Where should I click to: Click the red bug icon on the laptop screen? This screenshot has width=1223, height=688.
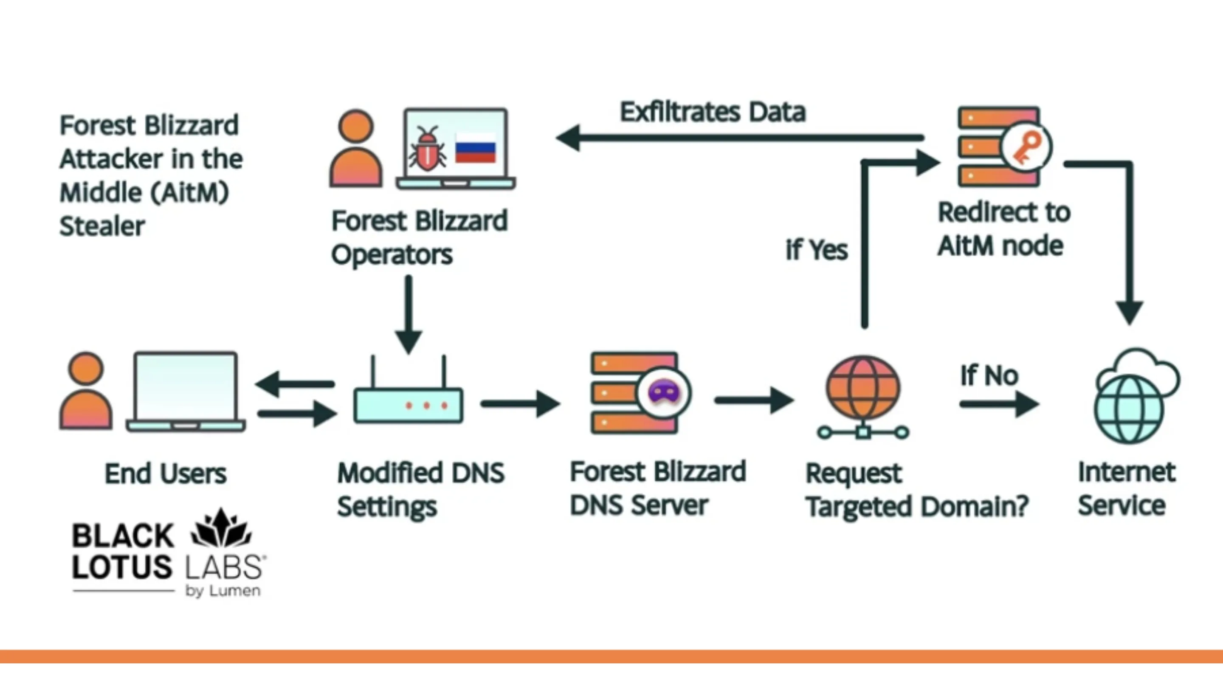tap(427, 149)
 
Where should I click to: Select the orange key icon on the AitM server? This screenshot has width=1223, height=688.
tap(1026, 148)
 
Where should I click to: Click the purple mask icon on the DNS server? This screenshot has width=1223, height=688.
tap(664, 392)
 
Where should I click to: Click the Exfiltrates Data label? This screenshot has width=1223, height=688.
tap(713, 112)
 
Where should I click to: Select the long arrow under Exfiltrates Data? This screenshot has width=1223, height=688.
tap(741, 138)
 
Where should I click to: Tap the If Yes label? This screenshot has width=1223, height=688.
tap(817, 250)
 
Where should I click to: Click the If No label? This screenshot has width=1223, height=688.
tap(989, 375)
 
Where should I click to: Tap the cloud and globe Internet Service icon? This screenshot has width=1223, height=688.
tap(1136, 397)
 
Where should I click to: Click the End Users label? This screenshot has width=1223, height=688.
tap(165, 474)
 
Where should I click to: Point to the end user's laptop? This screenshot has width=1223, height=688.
tap(186, 392)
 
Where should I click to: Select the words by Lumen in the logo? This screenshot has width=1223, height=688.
tap(223, 591)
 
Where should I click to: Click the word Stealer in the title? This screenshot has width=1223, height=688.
tap(102, 226)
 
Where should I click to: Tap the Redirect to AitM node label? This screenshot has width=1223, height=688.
tap(1003, 229)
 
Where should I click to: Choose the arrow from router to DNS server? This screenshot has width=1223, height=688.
tap(520, 404)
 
